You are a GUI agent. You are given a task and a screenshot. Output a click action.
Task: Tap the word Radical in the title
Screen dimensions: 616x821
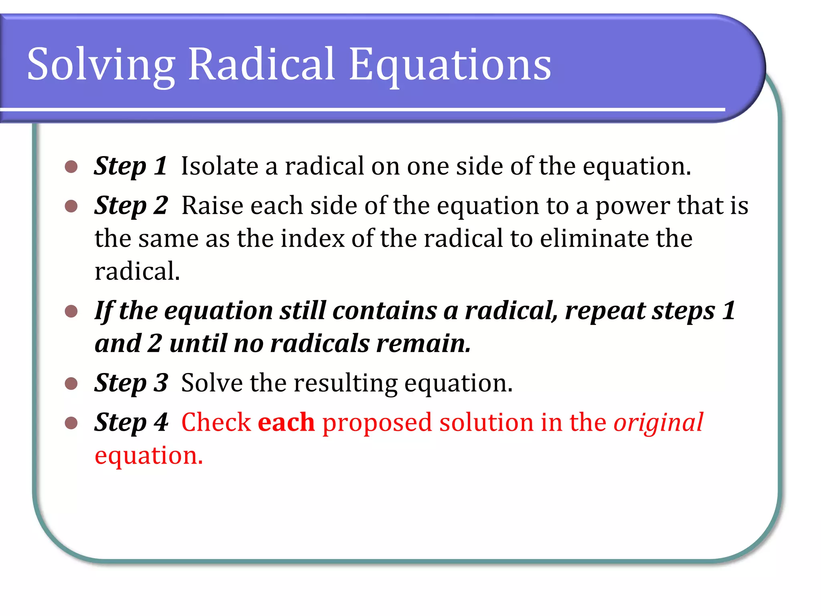tap(261, 64)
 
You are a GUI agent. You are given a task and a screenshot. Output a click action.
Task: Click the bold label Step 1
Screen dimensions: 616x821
tap(130, 166)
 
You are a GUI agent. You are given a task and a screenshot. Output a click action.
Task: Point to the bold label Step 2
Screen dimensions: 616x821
tap(131, 206)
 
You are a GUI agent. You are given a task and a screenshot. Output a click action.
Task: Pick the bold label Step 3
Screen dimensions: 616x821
tap(131, 383)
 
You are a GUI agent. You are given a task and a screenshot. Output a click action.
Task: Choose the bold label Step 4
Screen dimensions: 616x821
tap(131, 423)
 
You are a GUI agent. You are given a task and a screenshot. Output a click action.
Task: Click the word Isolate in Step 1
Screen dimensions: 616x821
tap(220, 166)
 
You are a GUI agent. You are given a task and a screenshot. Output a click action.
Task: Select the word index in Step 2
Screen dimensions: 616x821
tap(312, 239)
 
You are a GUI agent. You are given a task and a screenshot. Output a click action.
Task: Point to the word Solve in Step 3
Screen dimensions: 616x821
tap(212, 383)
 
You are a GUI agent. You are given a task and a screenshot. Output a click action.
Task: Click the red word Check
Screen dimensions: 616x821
tap(216, 423)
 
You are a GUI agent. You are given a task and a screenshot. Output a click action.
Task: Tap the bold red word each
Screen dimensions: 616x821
tap(286, 423)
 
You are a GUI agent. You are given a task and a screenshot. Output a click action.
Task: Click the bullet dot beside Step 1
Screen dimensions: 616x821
tap(71, 167)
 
